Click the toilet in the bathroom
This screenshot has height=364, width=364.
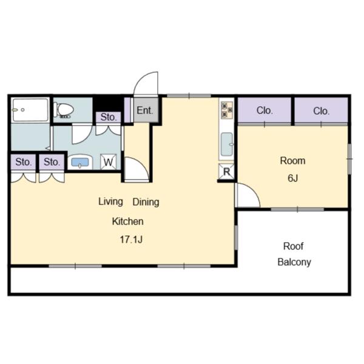64,110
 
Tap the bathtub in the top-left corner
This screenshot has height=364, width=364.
30,110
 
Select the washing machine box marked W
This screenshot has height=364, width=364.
109,162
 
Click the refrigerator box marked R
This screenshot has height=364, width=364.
226,172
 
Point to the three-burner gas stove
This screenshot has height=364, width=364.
226,110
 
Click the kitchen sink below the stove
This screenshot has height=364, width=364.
227,144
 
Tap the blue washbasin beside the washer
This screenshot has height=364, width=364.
80,162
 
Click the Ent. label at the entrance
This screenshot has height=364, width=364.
145,110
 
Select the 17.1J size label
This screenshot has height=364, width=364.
131,240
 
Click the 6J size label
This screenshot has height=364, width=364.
293,178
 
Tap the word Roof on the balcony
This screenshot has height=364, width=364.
293,246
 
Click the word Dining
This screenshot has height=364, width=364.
146,202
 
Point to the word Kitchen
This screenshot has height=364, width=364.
127,221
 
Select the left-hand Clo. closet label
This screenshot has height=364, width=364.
265,110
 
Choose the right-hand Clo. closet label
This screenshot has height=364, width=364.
322,111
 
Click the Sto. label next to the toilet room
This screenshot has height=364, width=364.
109,117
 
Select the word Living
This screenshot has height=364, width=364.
110,202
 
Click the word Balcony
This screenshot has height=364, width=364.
294,262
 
